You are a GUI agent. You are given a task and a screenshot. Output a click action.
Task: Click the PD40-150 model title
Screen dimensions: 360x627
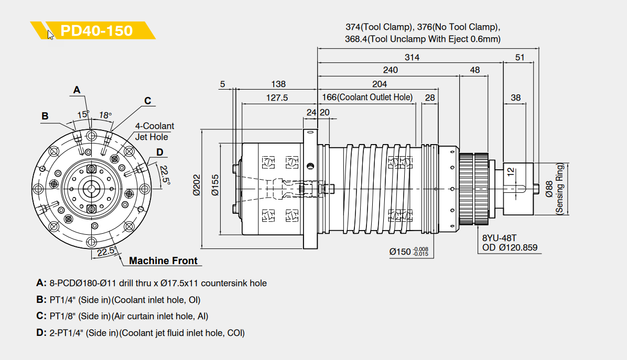(x=96, y=30)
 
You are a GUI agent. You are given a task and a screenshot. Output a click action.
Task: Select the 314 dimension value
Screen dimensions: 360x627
(x=412, y=57)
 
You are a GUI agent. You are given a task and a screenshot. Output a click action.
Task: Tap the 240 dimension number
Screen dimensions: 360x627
(x=390, y=70)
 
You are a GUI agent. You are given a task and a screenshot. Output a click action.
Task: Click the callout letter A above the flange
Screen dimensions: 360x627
(x=77, y=90)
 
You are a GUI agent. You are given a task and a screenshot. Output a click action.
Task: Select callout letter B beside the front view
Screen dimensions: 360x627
(x=45, y=116)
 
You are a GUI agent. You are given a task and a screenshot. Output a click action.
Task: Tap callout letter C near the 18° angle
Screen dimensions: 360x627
(x=148, y=101)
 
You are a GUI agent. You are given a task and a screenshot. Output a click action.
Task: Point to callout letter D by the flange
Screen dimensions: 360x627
(x=159, y=152)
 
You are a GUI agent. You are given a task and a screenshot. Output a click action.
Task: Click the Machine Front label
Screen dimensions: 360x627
(x=163, y=260)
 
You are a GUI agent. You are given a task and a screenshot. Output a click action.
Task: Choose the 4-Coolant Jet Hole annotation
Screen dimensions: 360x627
(x=154, y=132)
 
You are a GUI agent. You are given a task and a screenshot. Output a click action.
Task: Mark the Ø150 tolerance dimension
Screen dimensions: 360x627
(x=409, y=252)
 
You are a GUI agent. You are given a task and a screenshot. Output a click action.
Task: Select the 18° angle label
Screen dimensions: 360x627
(x=105, y=115)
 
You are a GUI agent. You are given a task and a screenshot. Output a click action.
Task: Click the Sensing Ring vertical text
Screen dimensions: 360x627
(x=559, y=189)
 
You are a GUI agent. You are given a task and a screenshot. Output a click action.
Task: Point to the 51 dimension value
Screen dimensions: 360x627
(x=520, y=57)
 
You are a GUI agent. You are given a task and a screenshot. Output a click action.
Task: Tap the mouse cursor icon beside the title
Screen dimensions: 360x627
(x=50, y=35)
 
